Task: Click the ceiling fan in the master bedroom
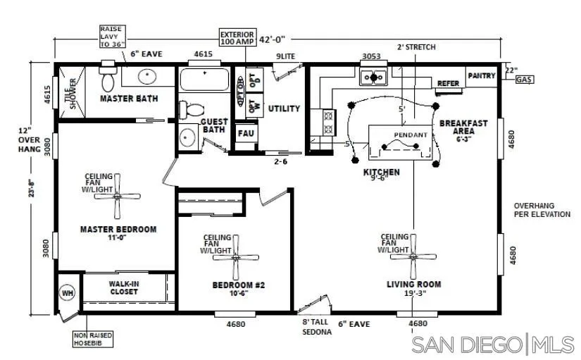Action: click(x=117, y=197)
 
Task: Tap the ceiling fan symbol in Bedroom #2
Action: click(x=236, y=258)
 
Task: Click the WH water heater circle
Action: click(x=68, y=292)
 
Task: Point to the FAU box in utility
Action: click(x=246, y=133)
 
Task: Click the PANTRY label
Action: click(x=482, y=75)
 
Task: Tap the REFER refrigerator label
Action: click(x=448, y=83)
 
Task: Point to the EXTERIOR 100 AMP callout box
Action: click(x=237, y=38)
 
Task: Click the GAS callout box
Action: click(x=523, y=80)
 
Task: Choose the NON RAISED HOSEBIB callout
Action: click(x=93, y=339)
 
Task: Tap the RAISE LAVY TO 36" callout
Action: click(x=110, y=37)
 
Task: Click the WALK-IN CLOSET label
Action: click(x=123, y=287)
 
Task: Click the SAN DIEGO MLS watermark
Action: click(x=492, y=345)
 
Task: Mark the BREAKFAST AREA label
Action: click(x=463, y=127)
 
